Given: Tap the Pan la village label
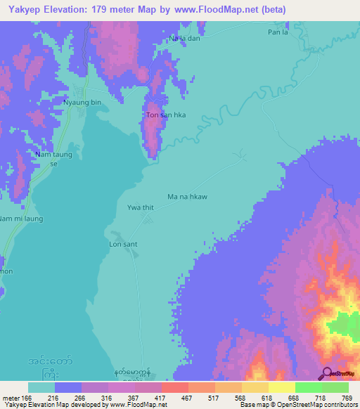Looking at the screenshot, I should [x=278, y=32].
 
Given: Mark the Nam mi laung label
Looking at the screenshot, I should [x=21, y=219].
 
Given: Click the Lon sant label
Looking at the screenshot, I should [x=122, y=244].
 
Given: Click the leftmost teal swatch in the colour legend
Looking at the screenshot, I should [x=41, y=387].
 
